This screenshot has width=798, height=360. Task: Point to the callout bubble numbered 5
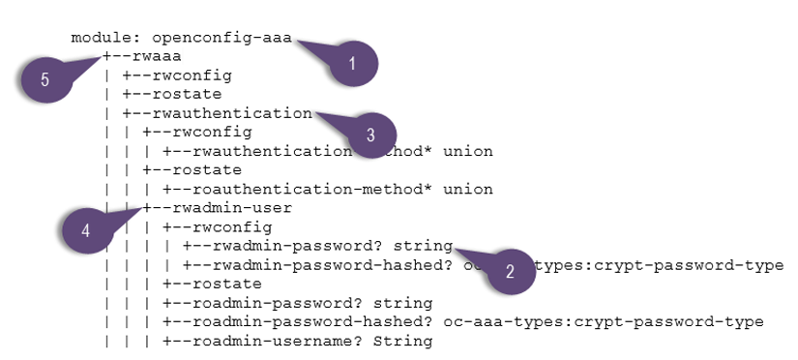[x=45, y=79]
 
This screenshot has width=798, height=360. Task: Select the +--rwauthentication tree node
[x=217, y=113]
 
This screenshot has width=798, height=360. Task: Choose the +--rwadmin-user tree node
[x=217, y=208]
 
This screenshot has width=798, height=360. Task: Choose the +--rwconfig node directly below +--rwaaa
[x=177, y=75]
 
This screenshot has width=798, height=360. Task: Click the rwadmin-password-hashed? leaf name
[x=320, y=265]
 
